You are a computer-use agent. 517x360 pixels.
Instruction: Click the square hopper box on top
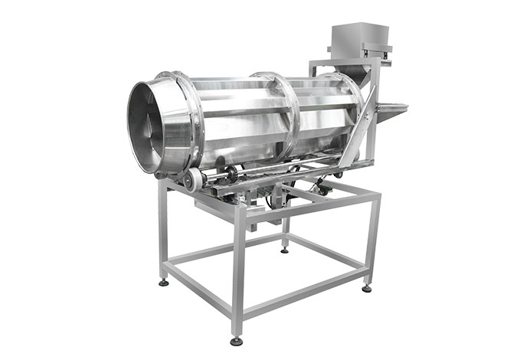(359, 38)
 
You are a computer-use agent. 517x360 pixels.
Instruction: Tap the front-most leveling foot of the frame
(237, 340)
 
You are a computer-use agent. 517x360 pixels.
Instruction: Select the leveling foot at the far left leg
(163, 283)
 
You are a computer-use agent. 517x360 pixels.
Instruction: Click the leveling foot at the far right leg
(367, 288)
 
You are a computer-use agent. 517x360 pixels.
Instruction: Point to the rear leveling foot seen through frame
(285, 248)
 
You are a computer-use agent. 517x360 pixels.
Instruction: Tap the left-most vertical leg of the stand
(162, 230)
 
